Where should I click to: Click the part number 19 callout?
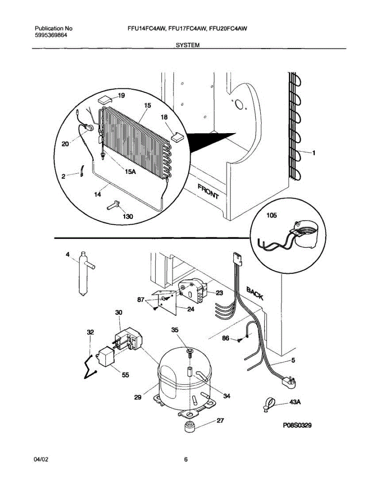coord(121,96)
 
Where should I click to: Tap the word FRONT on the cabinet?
coord(208,191)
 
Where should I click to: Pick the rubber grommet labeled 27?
coord(188,427)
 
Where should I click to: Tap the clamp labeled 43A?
coord(269,403)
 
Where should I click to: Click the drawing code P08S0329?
coord(298,425)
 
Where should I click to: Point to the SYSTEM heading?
coord(188,46)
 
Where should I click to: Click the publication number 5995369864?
coord(51,35)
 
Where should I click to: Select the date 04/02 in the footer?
coord(42,459)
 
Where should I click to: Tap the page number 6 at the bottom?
coord(186,459)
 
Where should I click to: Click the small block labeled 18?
coord(177,136)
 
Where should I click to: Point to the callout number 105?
coord(272,216)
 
